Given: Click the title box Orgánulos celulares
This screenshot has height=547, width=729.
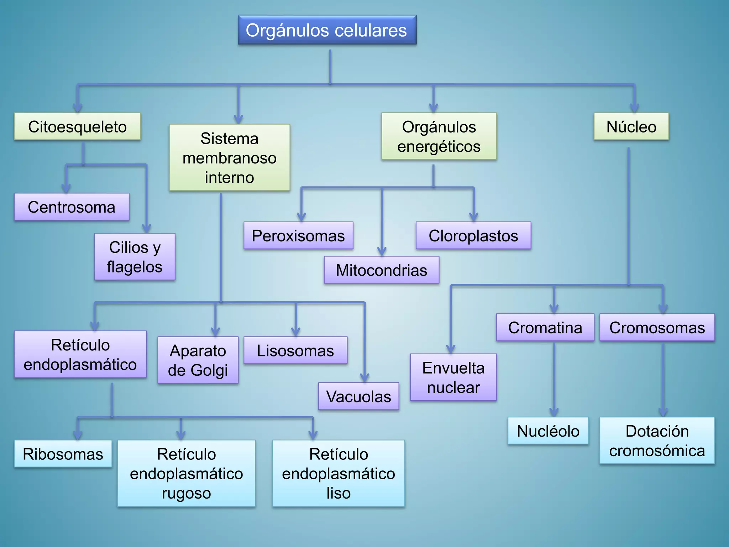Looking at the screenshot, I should [x=327, y=30].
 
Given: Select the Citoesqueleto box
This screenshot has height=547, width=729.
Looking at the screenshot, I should [x=77, y=127].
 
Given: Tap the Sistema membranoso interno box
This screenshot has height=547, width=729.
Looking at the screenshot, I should [x=230, y=158].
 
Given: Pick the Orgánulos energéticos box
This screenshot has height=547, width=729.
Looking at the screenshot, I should [x=439, y=136].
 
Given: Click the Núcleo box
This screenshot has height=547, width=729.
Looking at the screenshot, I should [x=631, y=127].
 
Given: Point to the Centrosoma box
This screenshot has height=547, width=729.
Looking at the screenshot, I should [x=72, y=207].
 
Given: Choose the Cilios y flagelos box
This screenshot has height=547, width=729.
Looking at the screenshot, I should [x=135, y=257].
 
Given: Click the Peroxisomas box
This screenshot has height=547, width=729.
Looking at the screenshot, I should [x=298, y=236].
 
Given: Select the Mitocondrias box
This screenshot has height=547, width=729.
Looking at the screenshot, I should [x=381, y=270].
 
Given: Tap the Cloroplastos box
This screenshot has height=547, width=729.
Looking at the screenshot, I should [x=473, y=236].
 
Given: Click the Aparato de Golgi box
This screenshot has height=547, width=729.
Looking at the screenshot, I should [x=198, y=360].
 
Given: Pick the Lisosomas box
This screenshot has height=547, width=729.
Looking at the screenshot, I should [x=295, y=350].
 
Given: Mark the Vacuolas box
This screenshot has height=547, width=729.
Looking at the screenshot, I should [x=358, y=396].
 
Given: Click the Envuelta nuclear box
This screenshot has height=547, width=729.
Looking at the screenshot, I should [x=453, y=377].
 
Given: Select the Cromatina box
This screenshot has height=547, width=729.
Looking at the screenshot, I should [x=545, y=328].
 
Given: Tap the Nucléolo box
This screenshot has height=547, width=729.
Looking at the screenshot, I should [x=548, y=431].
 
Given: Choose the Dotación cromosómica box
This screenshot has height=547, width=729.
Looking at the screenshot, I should [x=657, y=441].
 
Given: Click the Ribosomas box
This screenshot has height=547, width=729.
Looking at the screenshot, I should [x=63, y=454].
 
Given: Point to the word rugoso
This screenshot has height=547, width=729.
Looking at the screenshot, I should [x=187, y=493].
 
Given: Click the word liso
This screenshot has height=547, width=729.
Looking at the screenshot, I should [x=339, y=493].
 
